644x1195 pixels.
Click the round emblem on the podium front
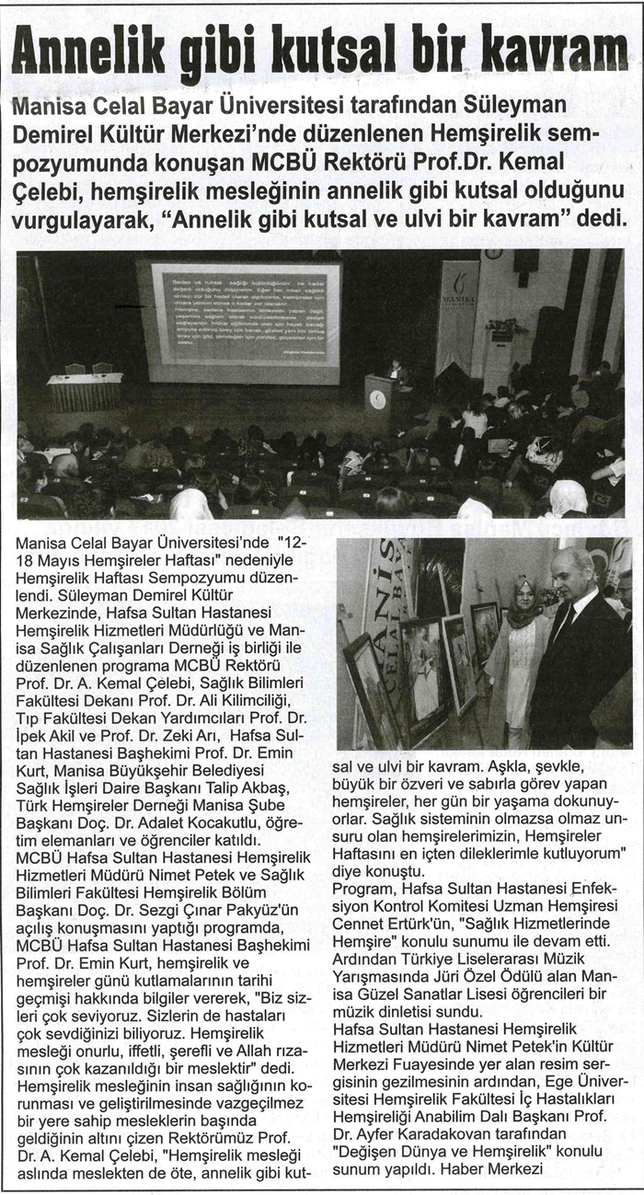377,400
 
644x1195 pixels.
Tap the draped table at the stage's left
85,391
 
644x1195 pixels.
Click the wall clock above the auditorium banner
493,253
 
